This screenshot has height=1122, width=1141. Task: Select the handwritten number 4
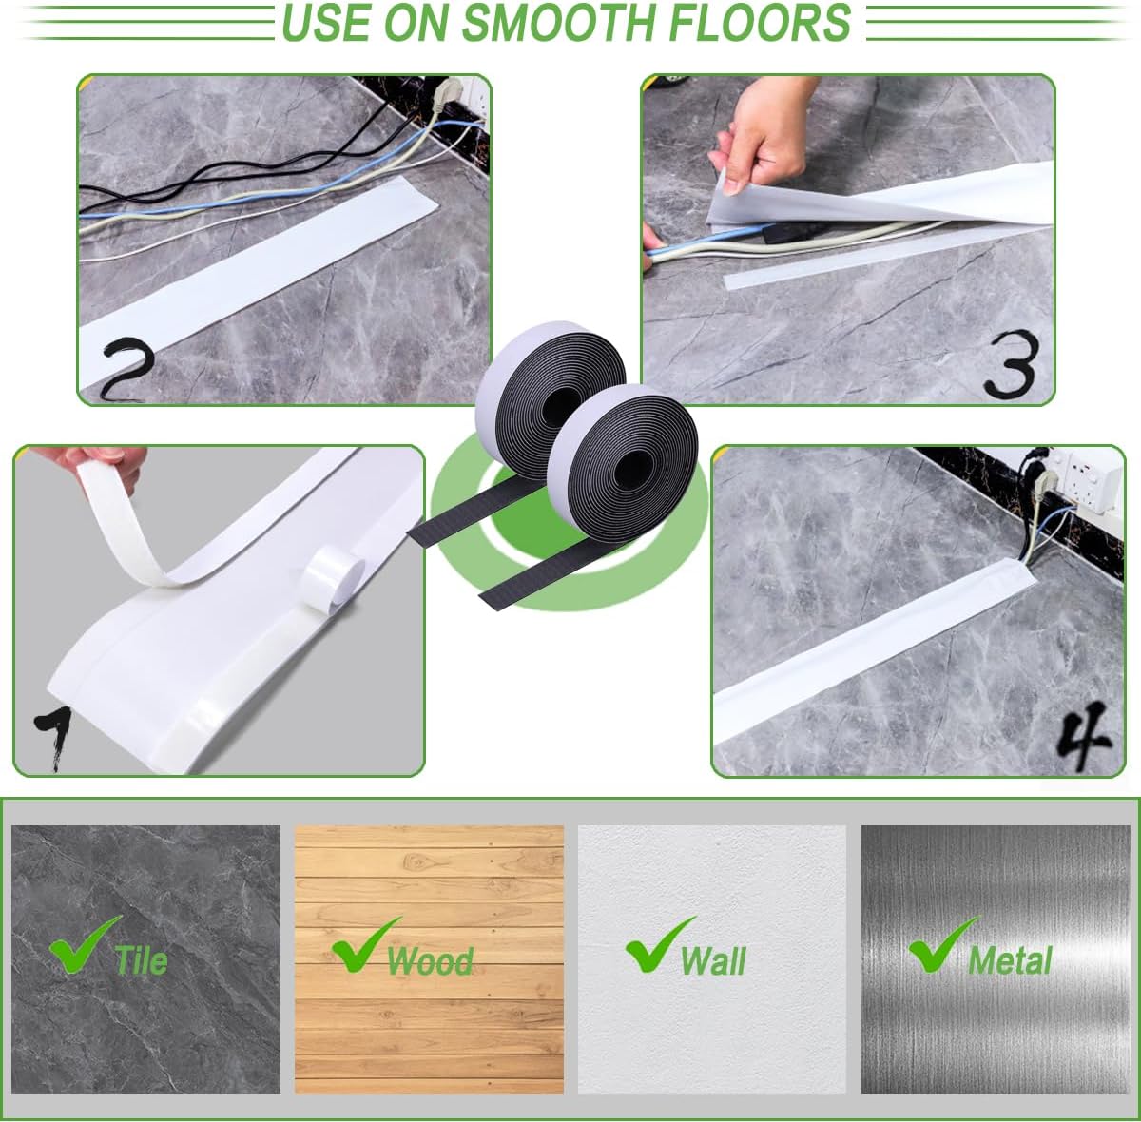click(1082, 735)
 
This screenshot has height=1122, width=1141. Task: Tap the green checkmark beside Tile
click(82, 945)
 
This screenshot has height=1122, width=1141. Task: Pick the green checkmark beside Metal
click(939, 945)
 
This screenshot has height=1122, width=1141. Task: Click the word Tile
click(141, 959)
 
